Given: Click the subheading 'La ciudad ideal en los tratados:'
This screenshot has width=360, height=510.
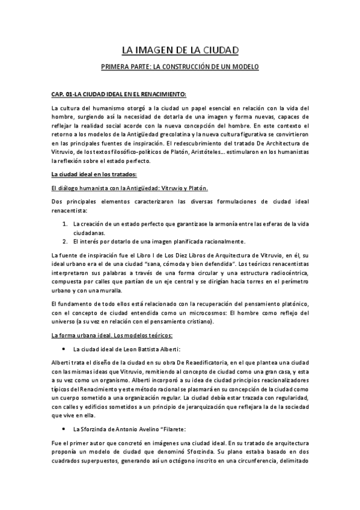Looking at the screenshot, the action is click(94, 175).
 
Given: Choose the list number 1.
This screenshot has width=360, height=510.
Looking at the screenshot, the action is click(65, 224).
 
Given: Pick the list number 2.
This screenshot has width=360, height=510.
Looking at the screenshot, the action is click(65, 241).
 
